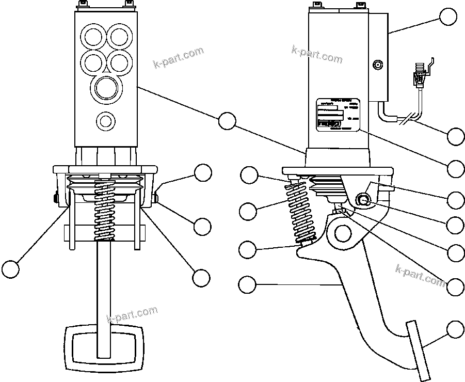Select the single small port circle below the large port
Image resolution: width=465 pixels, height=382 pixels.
click(106, 121)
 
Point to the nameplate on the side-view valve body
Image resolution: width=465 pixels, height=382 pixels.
click(337, 115)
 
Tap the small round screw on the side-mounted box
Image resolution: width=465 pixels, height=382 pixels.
click(378, 66)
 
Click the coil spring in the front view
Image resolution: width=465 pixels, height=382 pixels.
click(105, 212)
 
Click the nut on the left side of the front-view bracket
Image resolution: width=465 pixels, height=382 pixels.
click(54, 198)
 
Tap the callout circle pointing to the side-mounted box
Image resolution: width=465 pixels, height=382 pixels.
click(448, 17)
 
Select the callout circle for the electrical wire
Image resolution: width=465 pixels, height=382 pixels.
click(456, 136)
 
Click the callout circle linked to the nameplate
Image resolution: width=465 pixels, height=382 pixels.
click(456, 168)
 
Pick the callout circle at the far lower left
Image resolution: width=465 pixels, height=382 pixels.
click(10, 268)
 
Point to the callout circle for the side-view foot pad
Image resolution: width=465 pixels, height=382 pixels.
click(455, 329)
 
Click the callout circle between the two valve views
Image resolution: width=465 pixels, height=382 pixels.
click(227, 120)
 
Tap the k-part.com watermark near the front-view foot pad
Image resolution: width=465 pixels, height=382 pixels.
click(132, 313)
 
